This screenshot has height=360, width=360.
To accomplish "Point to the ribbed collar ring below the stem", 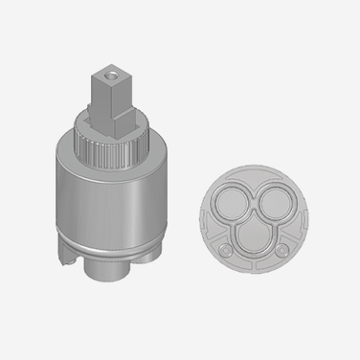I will tap(116, 146).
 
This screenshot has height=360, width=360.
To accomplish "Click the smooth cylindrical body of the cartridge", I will tap(114, 196).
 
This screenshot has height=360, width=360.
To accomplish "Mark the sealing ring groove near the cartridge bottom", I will tap(116, 240).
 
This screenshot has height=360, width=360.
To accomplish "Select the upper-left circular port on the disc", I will tap(229, 205).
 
